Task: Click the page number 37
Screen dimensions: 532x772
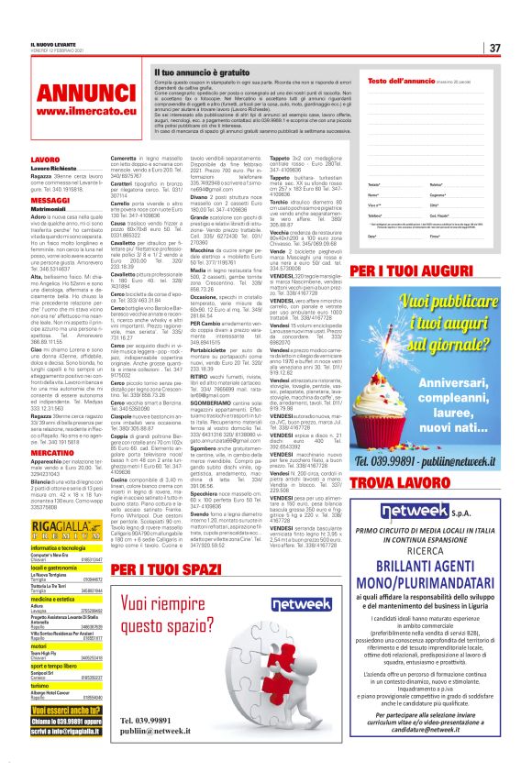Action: pyautogui.click(x=493, y=48)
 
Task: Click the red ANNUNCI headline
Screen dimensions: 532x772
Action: pyautogui.click(x=87, y=95)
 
